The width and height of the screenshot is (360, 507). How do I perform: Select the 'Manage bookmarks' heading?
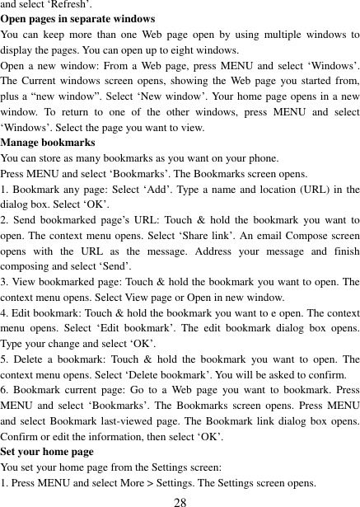click(48, 143)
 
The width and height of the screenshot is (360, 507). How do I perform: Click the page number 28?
click(180, 500)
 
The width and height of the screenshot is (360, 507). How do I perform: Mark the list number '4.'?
click(6, 313)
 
